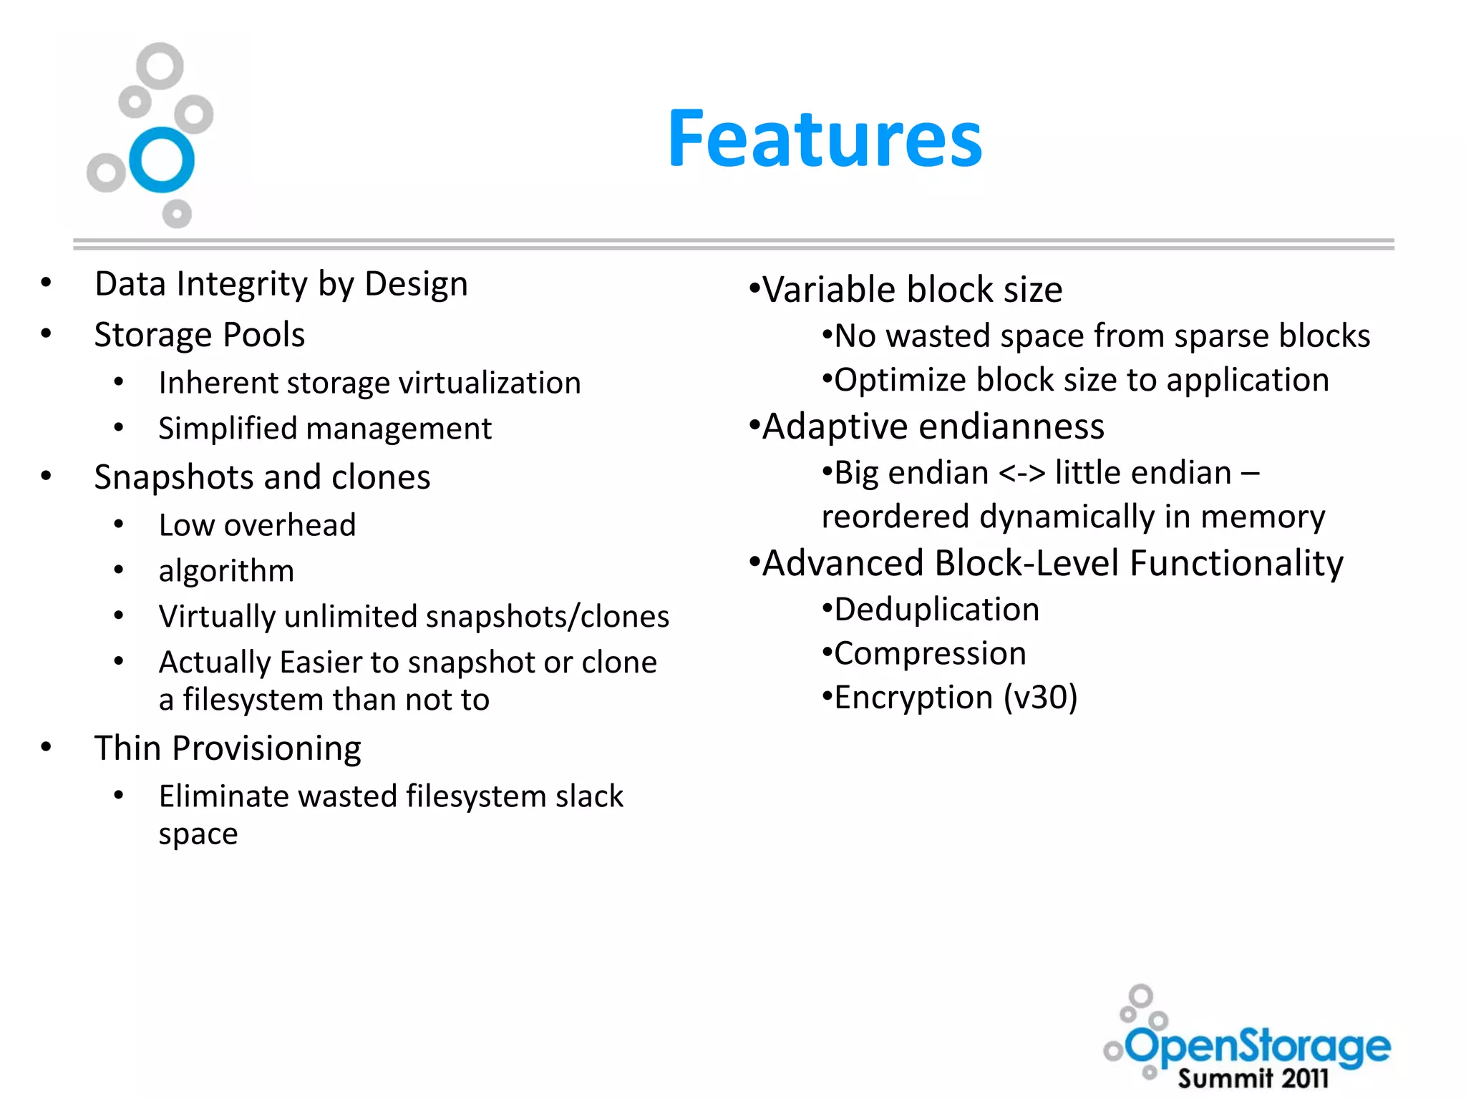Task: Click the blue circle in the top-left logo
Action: [x=162, y=160]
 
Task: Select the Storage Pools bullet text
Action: [x=200, y=335]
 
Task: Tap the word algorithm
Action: [x=226, y=571]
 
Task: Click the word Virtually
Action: [x=217, y=617]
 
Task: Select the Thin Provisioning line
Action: [x=228, y=748]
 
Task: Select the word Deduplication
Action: [x=936, y=610]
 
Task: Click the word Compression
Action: [x=930, y=654]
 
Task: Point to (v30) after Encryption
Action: [x=1040, y=698]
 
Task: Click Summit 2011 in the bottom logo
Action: [x=1253, y=1078]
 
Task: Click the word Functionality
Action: [x=1236, y=563]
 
